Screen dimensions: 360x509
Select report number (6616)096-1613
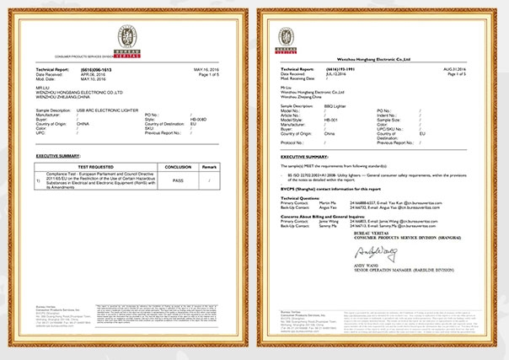pyautogui.click(x=100, y=69)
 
